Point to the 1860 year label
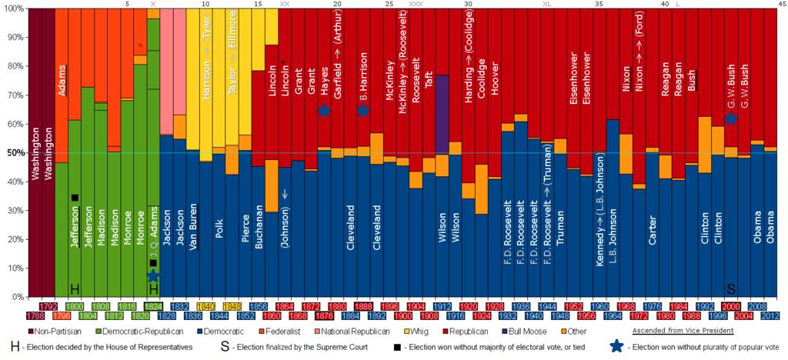coord(270,315)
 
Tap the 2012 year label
coord(770,315)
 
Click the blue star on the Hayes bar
coord(324,111)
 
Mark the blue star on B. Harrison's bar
coord(362,111)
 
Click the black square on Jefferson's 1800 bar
coord(75,198)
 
